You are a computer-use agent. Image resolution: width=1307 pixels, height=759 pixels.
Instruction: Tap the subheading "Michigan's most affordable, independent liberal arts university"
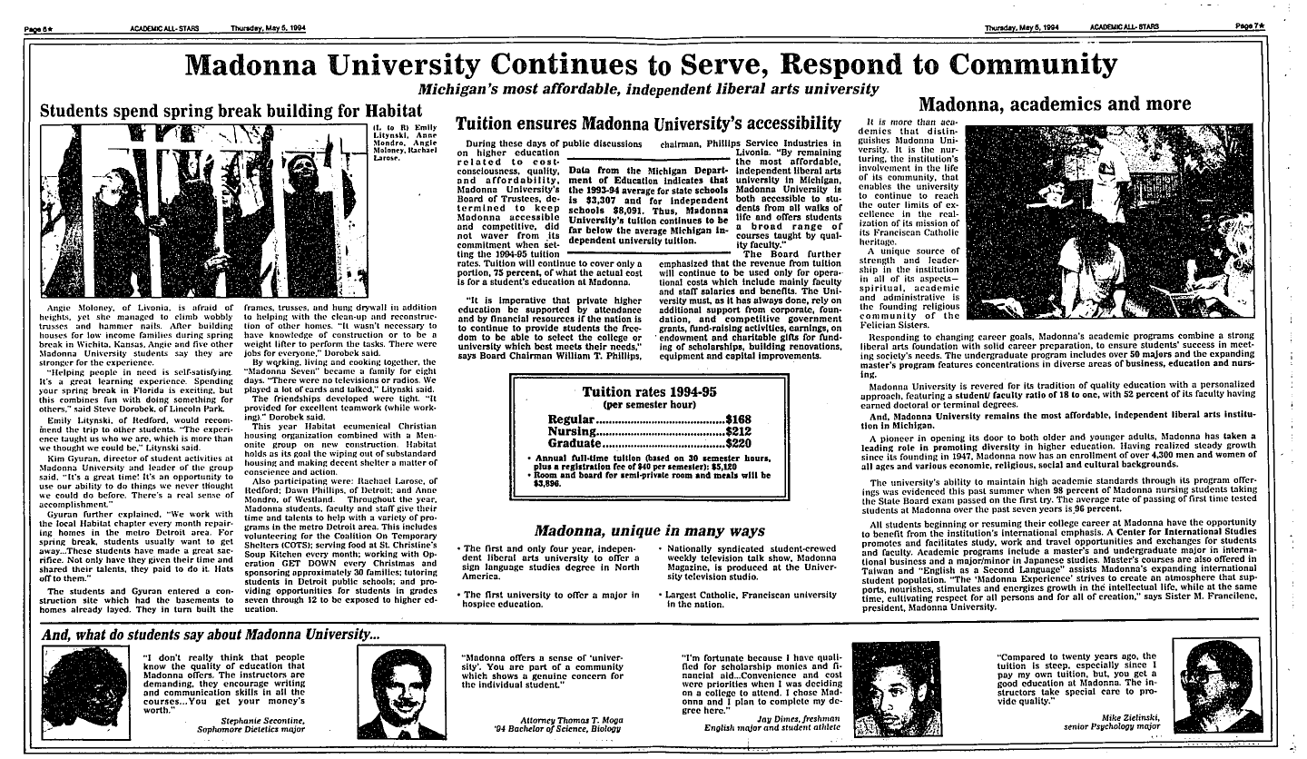[x=648, y=89]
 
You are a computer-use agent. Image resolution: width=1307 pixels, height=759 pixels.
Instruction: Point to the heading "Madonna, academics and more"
[x=1056, y=103]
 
